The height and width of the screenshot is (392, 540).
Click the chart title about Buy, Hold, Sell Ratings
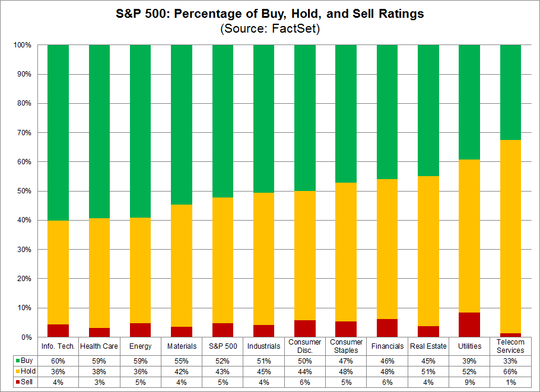(270, 14)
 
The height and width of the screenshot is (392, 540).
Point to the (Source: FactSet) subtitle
(270, 29)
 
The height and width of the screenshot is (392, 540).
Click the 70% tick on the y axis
(25, 132)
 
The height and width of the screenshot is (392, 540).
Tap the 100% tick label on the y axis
(23, 45)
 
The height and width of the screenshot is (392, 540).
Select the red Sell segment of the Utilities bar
(469, 324)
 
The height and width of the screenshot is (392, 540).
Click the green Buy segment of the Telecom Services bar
(510, 92)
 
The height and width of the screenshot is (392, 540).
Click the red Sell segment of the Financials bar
(387, 328)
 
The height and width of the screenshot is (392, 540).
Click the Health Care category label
(99, 346)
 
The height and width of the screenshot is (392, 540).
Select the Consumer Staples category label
(346, 346)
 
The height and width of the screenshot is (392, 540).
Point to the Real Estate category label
(428, 346)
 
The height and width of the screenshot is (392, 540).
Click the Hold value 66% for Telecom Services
(510, 371)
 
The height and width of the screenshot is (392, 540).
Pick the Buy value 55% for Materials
(181, 360)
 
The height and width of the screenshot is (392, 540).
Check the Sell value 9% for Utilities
(469, 381)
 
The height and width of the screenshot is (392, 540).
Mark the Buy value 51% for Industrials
(263, 360)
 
